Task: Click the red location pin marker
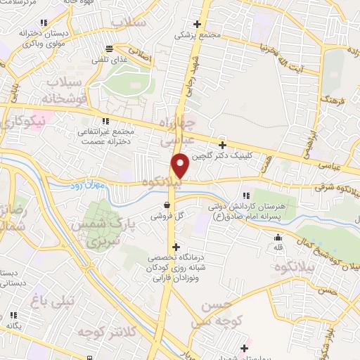[181, 166]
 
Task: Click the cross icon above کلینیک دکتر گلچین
[223, 144]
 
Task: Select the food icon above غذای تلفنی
[109, 49]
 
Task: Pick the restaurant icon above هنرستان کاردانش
[245, 196]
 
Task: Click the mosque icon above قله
[278, 237]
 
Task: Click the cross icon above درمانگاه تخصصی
[176, 247]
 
